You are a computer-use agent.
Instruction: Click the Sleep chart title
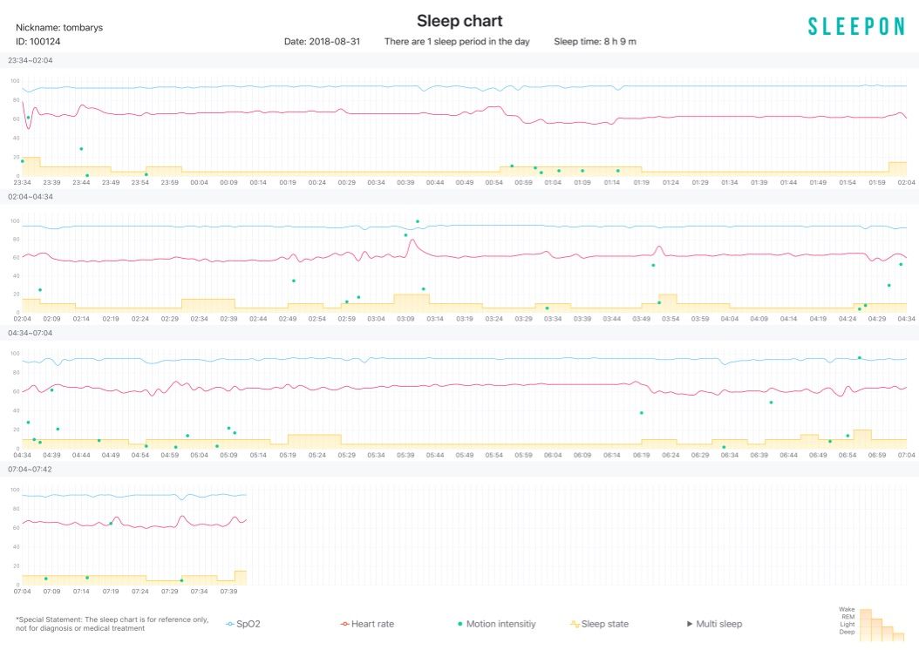[x=459, y=21]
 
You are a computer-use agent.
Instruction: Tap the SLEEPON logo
[x=855, y=27]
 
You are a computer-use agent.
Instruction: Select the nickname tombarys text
[x=59, y=27]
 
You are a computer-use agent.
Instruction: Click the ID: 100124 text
[x=38, y=41]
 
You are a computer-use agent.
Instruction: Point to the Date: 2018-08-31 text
[x=322, y=42]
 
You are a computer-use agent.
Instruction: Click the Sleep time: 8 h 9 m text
[x=600, y=42]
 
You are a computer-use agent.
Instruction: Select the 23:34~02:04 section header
[x=31, y=60]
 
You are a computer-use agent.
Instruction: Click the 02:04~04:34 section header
[x=31, y=197]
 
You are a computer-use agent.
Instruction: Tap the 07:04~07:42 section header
[x=31, y=469]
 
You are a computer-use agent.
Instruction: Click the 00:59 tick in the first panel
[x=523, y=182]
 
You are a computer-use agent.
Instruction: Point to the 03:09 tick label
[x=405, y=319]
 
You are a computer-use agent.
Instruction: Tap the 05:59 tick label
[x=494, y=455]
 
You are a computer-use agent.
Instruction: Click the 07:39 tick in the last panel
[x=228, y=591]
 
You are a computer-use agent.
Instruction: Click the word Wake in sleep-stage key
[x=847, y=609]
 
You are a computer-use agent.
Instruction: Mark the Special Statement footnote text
[x=112, y=624]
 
